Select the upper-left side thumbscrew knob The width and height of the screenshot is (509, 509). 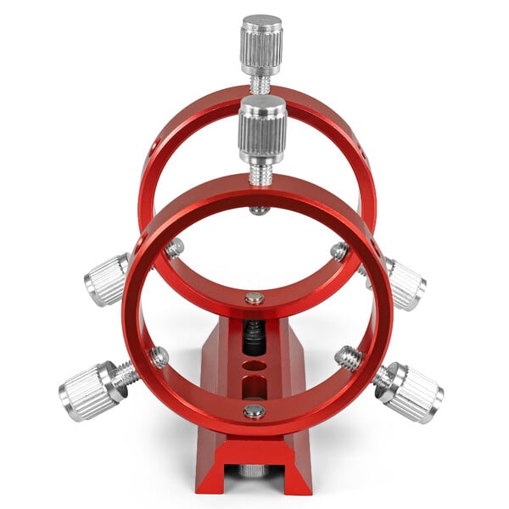coord(107,279)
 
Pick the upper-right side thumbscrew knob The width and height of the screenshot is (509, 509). coord(404,283)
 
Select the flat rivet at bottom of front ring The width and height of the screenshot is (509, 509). coord(254,411)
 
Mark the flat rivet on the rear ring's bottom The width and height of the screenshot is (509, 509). coord(253,298)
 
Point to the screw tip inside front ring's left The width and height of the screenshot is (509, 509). coord(159,356)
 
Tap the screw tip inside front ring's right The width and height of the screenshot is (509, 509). coord(347,357)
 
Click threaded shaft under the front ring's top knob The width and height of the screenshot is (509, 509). coord(261,174)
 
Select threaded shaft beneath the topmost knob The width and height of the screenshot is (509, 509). coord(261,84)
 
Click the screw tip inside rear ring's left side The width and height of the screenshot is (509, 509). coord(174,249)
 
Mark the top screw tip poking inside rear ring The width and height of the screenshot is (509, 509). coord(260,209)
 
